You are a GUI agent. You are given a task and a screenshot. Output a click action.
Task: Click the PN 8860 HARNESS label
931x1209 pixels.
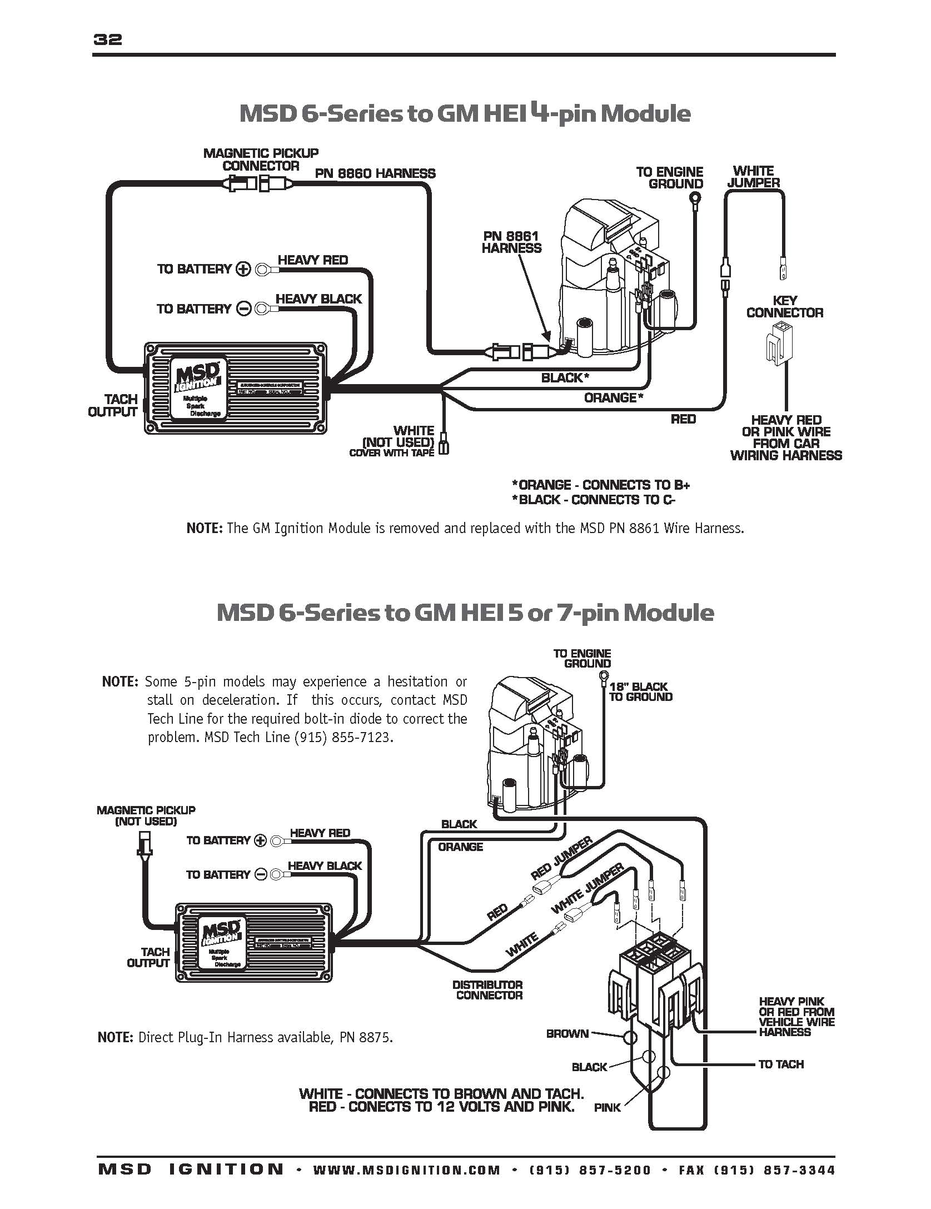(375, 173)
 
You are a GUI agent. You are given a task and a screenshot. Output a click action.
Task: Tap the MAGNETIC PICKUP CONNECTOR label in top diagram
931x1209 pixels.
(261, 160)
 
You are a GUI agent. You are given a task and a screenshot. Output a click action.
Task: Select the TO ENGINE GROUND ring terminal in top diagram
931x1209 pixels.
(695, 197)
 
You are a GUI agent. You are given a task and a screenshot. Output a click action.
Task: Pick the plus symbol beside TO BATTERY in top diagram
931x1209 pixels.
(243, 270)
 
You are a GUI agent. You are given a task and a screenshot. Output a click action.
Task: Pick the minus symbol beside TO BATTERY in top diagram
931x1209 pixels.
(243, 309)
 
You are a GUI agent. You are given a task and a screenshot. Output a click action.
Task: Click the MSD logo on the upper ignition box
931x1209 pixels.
(197, 376)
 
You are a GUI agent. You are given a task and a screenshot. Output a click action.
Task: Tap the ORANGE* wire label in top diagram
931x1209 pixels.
(613, 397)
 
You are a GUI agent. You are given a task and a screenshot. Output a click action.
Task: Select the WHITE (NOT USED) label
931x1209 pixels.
(398, 437)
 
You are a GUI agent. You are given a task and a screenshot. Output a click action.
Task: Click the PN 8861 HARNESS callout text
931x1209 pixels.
(511, 243)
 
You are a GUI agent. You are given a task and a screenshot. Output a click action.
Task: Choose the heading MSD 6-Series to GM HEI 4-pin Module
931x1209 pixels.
(465, 114)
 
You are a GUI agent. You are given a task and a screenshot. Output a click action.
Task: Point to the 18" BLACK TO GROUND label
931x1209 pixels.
(640, 692)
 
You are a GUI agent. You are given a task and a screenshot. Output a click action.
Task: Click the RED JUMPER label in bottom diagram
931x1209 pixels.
(562, 859)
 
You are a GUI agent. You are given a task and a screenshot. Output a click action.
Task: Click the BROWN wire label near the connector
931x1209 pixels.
(567, 1033)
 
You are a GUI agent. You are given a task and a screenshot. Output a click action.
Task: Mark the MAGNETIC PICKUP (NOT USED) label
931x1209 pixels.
(146, 815)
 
